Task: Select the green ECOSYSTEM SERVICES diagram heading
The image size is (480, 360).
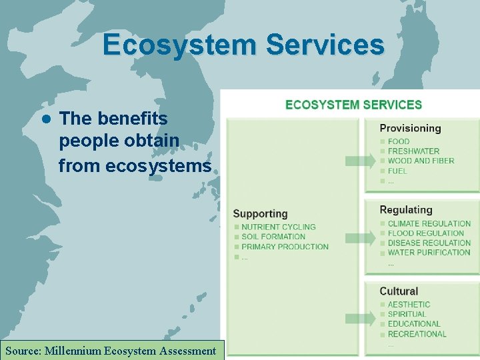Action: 353,105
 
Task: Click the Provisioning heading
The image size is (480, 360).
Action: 410,128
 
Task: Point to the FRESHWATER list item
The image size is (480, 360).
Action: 413,151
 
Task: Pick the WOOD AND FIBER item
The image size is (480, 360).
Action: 421,161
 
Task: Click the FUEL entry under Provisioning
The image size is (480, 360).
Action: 397,171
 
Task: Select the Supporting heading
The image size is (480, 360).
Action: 260,214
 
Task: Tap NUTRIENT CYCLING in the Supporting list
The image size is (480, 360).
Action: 278,227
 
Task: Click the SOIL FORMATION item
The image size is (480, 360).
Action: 273,237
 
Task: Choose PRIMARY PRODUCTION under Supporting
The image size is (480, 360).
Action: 285,247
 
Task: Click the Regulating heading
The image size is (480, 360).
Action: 405,210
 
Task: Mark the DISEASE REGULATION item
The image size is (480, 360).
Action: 429,243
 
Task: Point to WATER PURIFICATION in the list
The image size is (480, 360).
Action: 429,252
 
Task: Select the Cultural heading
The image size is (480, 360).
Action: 399,291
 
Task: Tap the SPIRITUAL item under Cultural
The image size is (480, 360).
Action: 407,314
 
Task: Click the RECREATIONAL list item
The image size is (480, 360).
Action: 417,333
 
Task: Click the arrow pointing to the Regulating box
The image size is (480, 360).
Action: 361,237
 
